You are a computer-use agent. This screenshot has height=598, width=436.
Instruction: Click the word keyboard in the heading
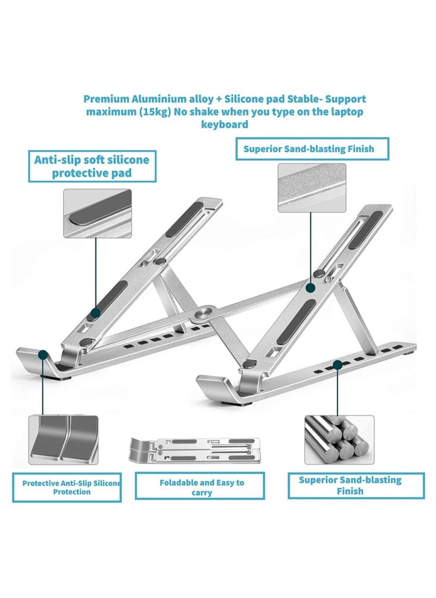coord(225,124)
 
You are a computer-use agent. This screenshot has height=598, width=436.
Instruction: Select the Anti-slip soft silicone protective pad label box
coord(92,166)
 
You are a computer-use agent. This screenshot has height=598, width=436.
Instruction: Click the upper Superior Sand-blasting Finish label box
coord(312,148)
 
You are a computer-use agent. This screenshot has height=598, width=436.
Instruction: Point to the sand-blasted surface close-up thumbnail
coord(311,188)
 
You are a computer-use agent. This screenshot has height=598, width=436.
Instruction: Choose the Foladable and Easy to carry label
coord(202,487)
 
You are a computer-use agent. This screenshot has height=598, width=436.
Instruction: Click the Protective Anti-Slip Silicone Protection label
coord(66,487)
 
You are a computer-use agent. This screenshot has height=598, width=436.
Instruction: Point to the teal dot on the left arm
coord(95,313)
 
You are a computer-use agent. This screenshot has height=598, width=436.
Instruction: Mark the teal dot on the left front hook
coord(43,355)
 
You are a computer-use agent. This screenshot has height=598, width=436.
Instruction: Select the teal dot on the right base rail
coord(338,363)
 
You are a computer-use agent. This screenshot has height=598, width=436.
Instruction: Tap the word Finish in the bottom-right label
coord(350,491)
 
